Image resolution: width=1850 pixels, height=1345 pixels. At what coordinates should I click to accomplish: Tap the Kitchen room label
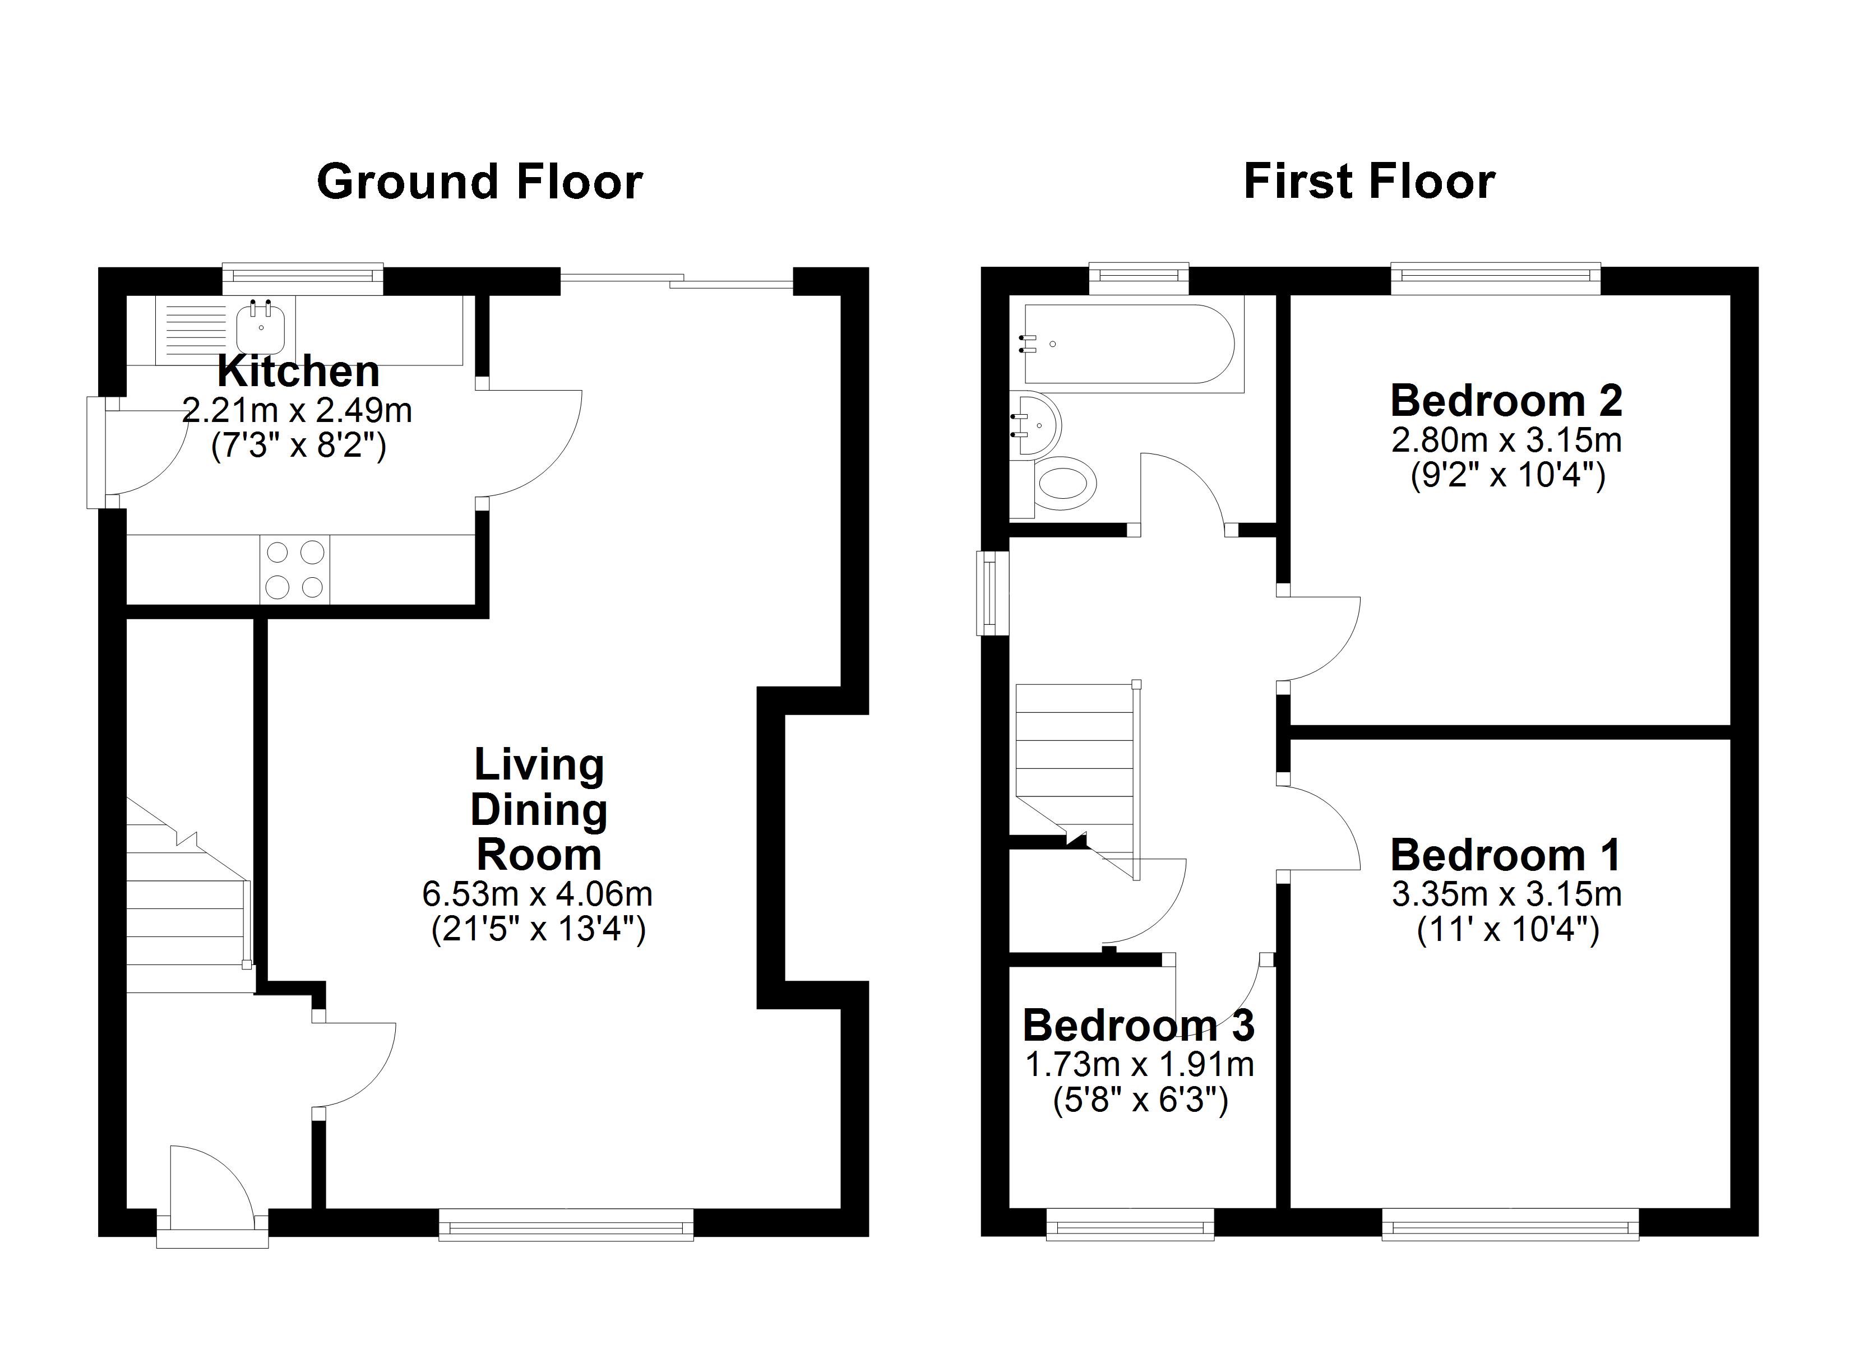[299, 372]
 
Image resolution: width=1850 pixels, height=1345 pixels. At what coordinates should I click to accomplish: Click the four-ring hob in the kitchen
[294, 570]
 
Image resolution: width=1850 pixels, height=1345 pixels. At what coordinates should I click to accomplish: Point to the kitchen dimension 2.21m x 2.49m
[297, 410]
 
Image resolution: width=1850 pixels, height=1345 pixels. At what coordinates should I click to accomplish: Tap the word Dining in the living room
[538, 810]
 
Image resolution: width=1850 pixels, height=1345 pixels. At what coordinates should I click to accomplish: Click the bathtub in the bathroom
[1130, 344]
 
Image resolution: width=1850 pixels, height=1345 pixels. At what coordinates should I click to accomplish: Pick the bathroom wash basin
[1036, 424]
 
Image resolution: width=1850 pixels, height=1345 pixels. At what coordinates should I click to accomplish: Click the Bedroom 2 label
[1506, 401]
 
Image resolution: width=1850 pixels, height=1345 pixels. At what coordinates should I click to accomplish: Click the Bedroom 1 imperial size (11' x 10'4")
[1507, 929]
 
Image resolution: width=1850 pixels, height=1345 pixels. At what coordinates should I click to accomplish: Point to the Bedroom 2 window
[1495, 278]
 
